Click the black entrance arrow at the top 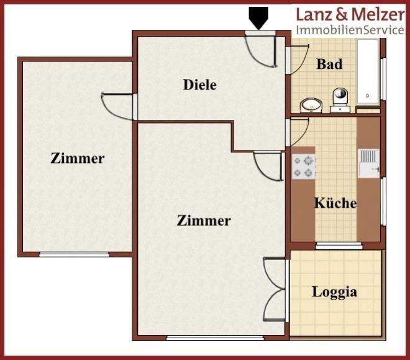click(x=258, y=17)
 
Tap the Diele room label click(x=200, y=85)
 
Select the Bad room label click(x=329, y=63)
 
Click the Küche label click(x=335, y=203)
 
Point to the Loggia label click(x=335, y=291)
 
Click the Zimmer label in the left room click(x=77, y=158)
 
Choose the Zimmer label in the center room click(x=204, y=220)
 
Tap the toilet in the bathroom click(x=340, y=98)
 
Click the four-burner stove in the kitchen click(x=304, y=166)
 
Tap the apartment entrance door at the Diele click(x=261, y=47)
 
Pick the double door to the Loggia click(x=275, y=289)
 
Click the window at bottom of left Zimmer click(x=74, y=254)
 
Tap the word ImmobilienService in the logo click(x=350, y=30)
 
